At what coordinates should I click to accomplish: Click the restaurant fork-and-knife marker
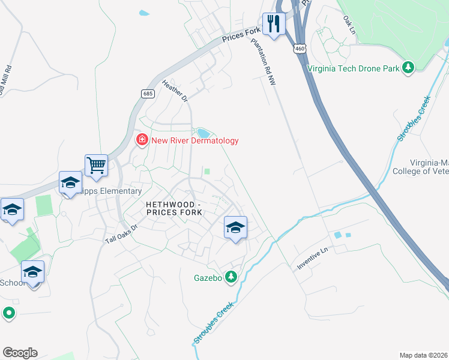[274, 24]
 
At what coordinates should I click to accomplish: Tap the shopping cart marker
[96, 165]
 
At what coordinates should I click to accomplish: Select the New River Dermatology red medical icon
[142, 140]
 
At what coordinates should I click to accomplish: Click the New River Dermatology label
[194, 140]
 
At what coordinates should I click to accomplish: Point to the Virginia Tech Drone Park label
[353, 68]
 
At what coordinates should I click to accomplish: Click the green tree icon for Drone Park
[409, 67]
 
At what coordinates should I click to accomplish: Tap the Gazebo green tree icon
[230, 277]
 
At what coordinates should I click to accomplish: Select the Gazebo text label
[208, 278]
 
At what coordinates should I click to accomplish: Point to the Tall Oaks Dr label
[121, 233]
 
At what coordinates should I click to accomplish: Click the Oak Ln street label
[349, 23]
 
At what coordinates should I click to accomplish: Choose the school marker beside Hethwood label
[235, 227]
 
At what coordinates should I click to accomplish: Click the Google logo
[20, 352]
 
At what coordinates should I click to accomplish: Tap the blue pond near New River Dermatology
[204, 133]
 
